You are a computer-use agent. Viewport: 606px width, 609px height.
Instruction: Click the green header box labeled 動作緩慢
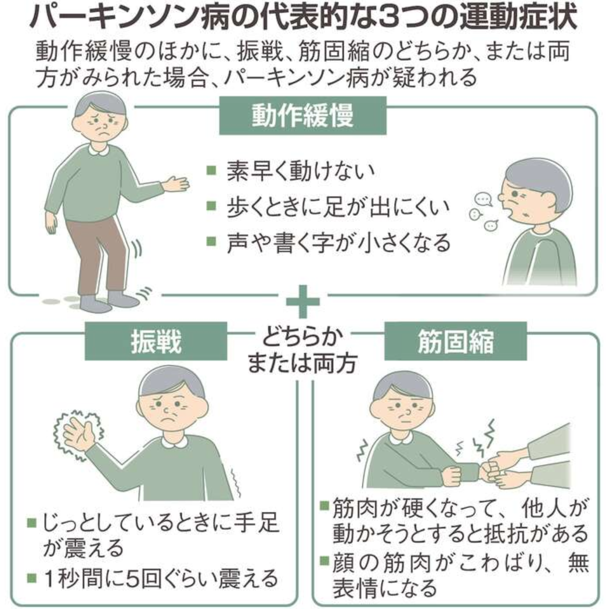pos(303,115)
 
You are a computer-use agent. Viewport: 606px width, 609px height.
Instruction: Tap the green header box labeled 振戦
pos(156,342)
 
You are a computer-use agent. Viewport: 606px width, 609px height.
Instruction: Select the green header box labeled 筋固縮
pos(456,342)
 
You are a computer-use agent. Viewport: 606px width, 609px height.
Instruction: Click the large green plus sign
pos(303,302)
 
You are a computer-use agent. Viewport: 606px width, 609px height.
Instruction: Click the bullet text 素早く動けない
pos(301,171)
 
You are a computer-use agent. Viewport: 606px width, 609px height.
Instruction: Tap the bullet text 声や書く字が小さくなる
pos(338,242)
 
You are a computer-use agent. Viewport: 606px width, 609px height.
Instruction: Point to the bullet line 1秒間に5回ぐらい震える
pos(161,579)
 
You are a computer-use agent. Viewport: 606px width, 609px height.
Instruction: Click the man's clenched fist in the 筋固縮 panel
pos(452,475)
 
